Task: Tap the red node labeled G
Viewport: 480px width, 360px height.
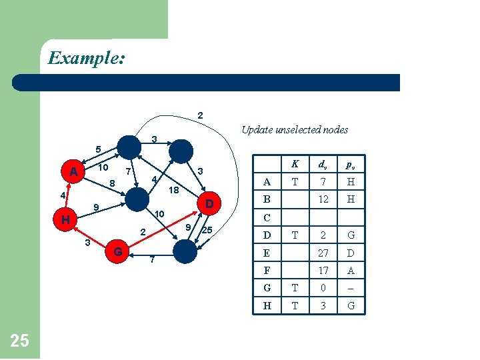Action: pos(117,252)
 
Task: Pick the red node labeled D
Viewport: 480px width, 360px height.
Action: pos(209,202)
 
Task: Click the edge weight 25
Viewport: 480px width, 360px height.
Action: pos(207,231)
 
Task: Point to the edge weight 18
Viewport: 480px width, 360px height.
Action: pos(173,190)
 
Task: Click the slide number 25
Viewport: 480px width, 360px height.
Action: pos(20,341)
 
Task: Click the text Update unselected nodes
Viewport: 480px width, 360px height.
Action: pos(295,129)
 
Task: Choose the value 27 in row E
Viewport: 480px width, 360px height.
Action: pos(323,253)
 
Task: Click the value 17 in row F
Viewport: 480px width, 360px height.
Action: pos(323,271)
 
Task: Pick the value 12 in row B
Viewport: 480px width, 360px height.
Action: pos(323,199)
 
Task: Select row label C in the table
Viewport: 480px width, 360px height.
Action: pos(267,217)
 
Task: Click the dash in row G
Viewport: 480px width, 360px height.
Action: pos(351,289)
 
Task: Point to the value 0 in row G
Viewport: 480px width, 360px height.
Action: pos(323,289)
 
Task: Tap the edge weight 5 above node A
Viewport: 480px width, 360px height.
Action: pos(97,149)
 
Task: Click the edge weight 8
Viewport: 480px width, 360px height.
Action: pos(112,183)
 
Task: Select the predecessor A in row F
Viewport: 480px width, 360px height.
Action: pos(351,271)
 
